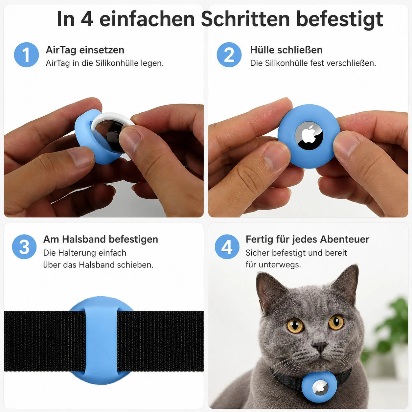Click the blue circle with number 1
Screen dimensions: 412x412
[x=26, y=55]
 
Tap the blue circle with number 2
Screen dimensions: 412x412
[x=229, y=55]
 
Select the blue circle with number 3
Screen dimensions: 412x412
[x=24, y=247]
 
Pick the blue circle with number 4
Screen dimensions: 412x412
[x=227, y=247]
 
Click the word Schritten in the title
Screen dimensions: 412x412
[x=245, y=19]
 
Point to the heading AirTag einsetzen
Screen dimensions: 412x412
[x=85, y=50]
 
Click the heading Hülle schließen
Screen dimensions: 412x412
[x=286, y=50]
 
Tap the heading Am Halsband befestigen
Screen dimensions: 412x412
[x=101, y=239]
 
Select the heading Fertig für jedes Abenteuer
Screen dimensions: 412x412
[x=308, y=239]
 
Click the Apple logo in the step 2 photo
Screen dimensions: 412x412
[x=309, y=134]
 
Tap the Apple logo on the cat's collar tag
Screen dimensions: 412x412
[x=320, y=388]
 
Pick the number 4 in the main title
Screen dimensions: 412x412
[x=87, y=19]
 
